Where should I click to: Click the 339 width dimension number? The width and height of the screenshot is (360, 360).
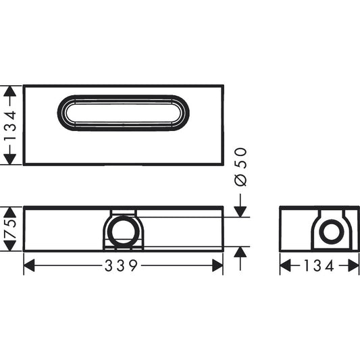tap(122, 265)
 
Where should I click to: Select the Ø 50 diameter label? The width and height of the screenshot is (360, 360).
tap(241, 166)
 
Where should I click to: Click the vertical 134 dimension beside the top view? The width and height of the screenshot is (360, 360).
tap(9, 125)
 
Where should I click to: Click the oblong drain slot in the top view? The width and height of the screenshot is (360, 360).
tap(123, 112)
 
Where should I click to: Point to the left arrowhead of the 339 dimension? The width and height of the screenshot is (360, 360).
tap(29, 265)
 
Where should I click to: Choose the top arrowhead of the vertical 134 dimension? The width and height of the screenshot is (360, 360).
tap(9, 91)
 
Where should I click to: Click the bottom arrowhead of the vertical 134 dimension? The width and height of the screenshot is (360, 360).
tap(9, 159)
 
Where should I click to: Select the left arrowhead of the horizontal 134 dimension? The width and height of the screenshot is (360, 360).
tap(285, 265)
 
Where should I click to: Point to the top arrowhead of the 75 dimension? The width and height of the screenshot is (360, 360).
tap(9, 209)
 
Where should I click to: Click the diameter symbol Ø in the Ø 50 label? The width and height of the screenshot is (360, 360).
tap(241, 180)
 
